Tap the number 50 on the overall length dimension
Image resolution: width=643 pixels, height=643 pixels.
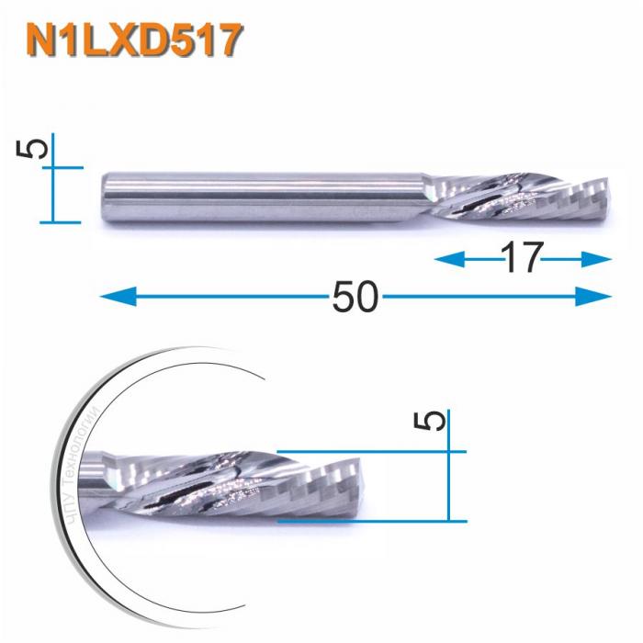[354, 296]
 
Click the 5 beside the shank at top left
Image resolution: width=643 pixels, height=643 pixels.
[35, 148]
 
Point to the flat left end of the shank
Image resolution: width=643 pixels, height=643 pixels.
[101, 195]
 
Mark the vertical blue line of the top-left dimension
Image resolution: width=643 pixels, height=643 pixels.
[54, 179]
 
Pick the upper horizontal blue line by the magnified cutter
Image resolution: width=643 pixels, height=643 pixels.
[367, 452]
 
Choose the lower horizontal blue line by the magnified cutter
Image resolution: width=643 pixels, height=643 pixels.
[367, 520]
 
